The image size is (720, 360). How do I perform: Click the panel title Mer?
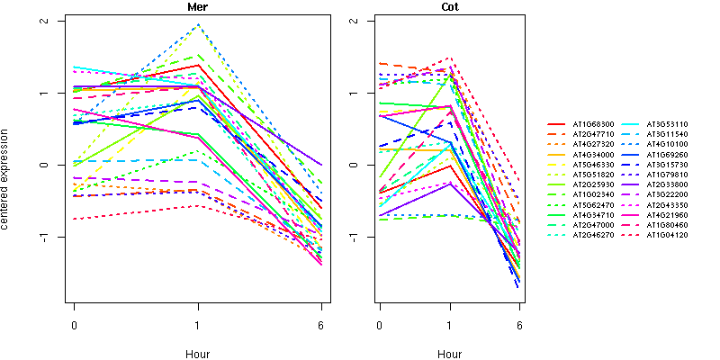(x=197, y=7)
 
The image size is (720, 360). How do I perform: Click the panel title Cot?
(x=450, y=7)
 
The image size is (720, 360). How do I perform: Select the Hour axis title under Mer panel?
(x=197, y=354)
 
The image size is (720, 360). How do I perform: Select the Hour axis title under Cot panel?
(x=450, y=354)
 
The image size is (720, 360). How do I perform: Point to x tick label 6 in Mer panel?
(x=321, y=325)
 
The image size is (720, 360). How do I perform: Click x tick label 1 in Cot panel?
(x=450, y=325)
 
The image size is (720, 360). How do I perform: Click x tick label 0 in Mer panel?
(x=73, y=325)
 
